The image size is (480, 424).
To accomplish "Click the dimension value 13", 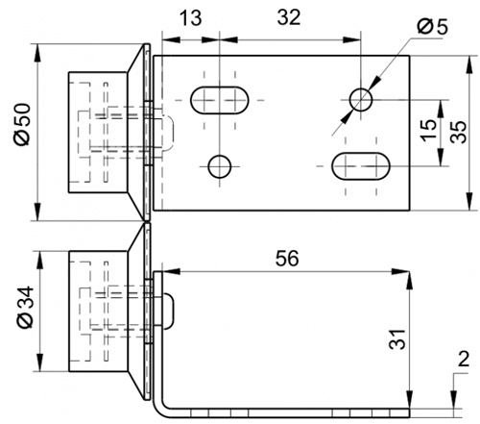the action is pos(191,18).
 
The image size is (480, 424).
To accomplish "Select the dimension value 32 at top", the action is pos(289,17).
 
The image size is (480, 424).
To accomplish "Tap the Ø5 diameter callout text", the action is pos(433,26).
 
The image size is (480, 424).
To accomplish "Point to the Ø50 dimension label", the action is pos(22,124).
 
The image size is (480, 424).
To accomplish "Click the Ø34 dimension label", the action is pos(25,307).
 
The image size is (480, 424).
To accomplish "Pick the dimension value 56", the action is pos(287,259).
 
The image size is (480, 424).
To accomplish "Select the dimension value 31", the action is pos(397,338).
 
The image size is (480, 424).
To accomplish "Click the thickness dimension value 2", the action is pos(464,359).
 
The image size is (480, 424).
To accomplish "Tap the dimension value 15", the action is pos(428,130).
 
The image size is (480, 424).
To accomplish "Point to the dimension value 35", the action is pos(458,132).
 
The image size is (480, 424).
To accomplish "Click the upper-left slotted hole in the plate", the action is pos(220,100).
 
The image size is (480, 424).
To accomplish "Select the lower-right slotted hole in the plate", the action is pos(361,166).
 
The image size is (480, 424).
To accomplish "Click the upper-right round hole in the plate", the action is pos(361,100).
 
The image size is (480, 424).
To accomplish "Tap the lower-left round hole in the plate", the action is pos(220,166).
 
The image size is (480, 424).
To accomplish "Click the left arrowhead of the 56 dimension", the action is pos(171,271).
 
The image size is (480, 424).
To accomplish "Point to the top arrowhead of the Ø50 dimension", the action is pos(37,53).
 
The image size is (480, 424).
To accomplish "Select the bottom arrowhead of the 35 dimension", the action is pos(469,201).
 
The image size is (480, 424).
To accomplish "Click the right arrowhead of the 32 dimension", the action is pos(351,39).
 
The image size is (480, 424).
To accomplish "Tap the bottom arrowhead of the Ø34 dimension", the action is pos(40,362).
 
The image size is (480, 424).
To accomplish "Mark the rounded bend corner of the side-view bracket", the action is pos(160,411).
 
